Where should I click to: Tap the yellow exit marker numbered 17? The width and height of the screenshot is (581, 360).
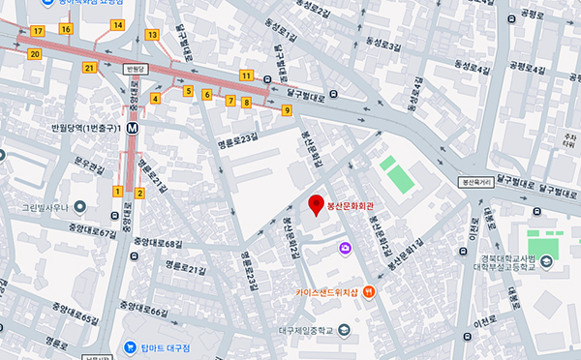click(x=37, y=31)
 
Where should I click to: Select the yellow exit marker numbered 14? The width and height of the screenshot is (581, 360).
click(x=117, y=24)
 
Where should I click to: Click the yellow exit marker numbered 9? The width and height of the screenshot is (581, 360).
click(x=287, y=110)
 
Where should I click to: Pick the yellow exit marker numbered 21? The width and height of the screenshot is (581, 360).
click(x=89, y=68)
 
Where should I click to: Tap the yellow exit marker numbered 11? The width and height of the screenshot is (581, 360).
click(x=247, y=75)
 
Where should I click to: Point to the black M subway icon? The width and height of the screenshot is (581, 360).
click(x=130, y=127)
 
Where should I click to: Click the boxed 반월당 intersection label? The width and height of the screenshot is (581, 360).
click(x=138, y=69)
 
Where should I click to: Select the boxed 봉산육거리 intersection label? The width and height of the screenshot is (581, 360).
click(x=476, y=180)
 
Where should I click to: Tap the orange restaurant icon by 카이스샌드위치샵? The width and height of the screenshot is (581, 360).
click(x=369, y=292)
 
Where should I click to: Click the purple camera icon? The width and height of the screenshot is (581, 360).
click(x=345, y=249)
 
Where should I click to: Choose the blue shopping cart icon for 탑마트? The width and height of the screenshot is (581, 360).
click(x=130, y=346)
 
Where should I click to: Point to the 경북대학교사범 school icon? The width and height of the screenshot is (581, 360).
click(x=548, y=261)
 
